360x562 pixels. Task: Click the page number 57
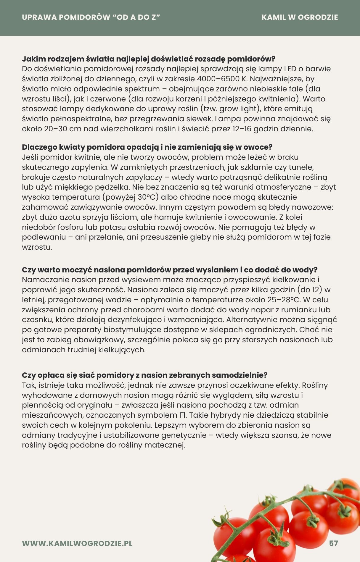333,543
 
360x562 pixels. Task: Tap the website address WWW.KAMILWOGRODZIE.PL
77,543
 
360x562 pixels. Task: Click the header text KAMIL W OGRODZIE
300,17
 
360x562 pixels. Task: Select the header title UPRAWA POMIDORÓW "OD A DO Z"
91,17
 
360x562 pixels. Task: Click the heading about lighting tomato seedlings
149,59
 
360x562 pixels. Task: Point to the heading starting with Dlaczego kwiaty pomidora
147,147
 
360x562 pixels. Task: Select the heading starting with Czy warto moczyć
170,270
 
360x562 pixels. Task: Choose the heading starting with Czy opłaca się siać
145,375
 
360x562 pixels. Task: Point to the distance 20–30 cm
63,129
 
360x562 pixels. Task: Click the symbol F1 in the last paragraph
183,415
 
